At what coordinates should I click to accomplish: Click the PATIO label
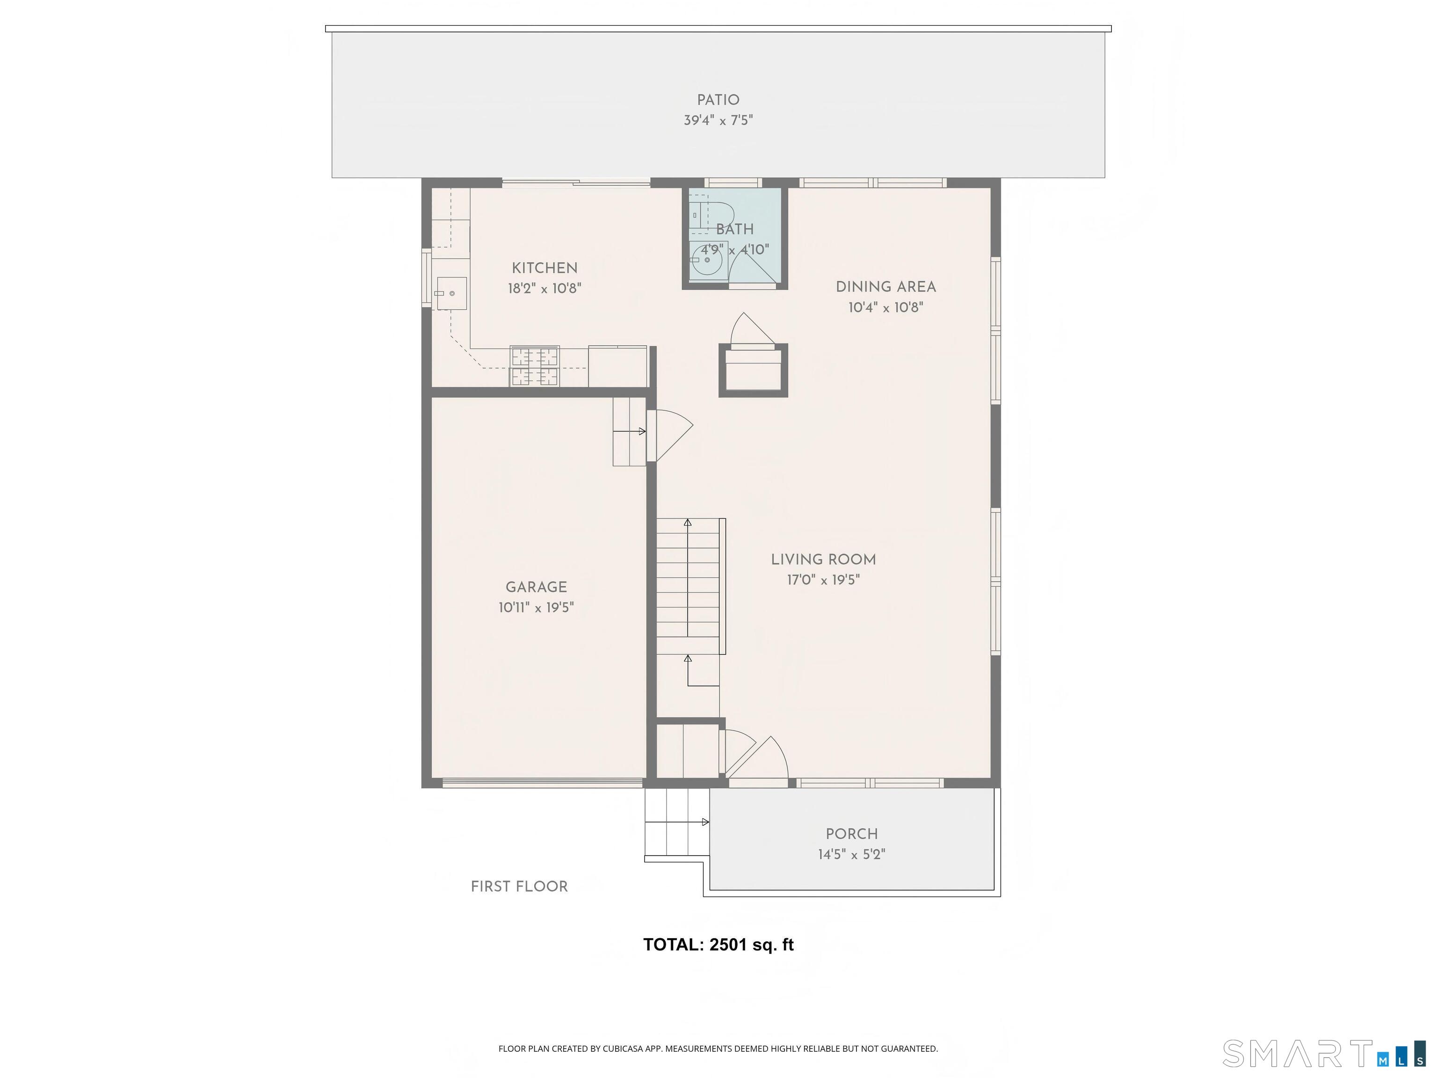pos(718,100)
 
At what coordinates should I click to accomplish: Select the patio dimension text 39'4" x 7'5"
pos(718,120)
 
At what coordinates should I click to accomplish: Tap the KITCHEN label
pos(544,268)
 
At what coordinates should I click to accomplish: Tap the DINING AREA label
pos(885,286)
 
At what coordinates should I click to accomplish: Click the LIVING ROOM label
pos(823,560)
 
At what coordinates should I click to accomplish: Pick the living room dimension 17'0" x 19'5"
pos(823,580)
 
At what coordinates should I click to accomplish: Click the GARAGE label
pos(536,587)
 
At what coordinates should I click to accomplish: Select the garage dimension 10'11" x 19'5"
pos(536,608)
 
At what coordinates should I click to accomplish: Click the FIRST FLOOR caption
pos(519,886)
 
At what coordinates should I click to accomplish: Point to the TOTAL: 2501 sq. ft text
pos(718,944)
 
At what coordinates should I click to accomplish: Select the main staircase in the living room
pos(688,585)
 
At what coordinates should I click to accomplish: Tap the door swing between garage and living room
pos(672,432)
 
